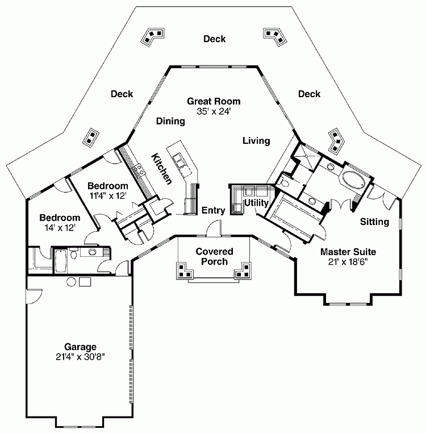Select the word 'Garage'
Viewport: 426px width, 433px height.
[80, 347]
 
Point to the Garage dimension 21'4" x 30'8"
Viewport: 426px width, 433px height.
[80, 357]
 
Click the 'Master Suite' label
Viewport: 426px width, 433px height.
[348, 251]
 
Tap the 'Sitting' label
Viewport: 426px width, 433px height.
[374, 222]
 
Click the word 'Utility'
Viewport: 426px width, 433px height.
[256, 203]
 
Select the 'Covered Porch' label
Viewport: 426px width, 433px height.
[214, 256]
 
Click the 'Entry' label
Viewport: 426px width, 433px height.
[214, 210]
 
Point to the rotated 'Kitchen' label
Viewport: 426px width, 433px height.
[161, 168]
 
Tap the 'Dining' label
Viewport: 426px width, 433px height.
[170, 121]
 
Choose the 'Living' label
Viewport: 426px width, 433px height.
[256, 140]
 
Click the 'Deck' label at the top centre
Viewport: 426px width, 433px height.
[215, 39]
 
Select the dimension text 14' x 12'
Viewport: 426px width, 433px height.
[59, 227]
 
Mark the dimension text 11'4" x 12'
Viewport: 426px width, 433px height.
[107, 195]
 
